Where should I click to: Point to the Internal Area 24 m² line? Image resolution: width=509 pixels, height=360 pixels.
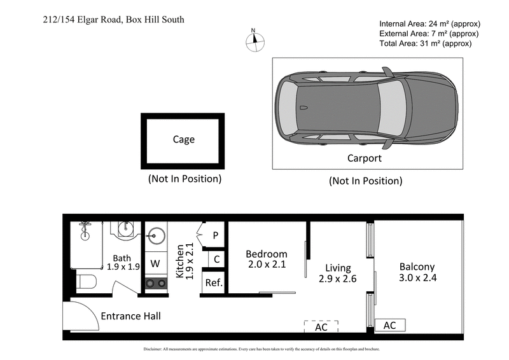pos(425,24)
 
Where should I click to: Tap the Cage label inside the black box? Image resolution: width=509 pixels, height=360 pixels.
pos(184,139)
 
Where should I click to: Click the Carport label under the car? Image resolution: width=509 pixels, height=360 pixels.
pos(364,158)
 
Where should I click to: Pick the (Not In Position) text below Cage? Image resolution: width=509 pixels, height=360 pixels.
pos(185,179)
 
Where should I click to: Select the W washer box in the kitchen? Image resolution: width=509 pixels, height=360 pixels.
pos(155,262)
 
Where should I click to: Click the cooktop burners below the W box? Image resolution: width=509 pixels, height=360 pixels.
pos(155,284)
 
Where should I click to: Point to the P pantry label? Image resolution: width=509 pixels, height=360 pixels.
pos(216,235)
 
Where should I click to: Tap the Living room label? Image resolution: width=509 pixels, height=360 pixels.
pos(338,268)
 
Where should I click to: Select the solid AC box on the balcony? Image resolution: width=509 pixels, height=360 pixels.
pos(389,325)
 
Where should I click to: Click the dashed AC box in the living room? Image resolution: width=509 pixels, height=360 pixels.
pos(321,326)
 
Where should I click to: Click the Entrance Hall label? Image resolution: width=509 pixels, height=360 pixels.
pos(130,315)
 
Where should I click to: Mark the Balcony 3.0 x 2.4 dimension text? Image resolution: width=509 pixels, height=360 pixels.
pos(417,278)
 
